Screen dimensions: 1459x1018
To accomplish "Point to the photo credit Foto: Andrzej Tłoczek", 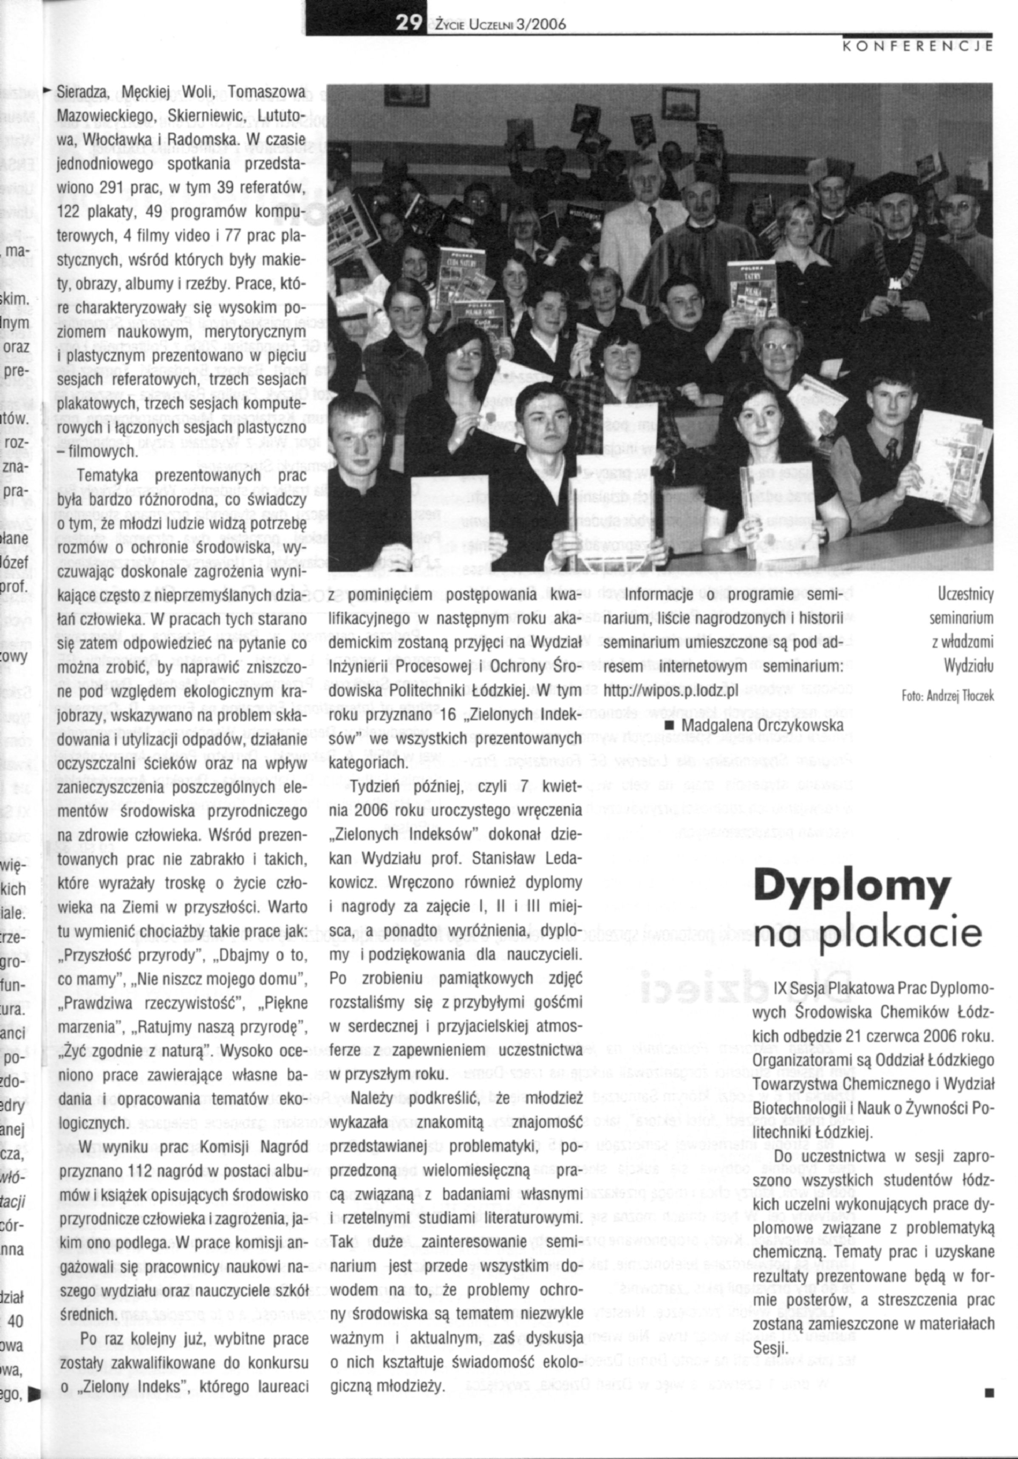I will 947,696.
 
